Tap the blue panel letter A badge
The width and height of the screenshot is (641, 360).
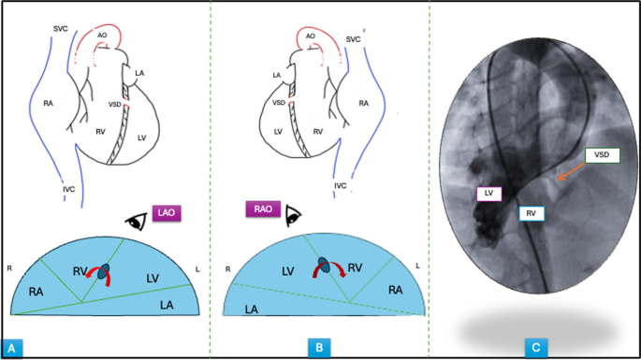coord(14,348)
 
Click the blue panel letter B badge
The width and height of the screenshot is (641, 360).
coord(319,348)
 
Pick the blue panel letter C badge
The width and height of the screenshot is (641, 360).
coord(534,348)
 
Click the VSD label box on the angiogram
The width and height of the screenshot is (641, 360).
coord(602,156)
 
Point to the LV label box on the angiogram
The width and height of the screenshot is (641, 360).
coord(488,194)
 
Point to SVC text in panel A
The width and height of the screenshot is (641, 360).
coord(61,29)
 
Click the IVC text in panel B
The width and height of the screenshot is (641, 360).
coord(341,186)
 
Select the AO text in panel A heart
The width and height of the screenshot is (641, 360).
coord(102,35)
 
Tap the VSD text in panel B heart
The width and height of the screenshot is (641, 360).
coord(279,103)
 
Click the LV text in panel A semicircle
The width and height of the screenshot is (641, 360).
coord(153,279)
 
